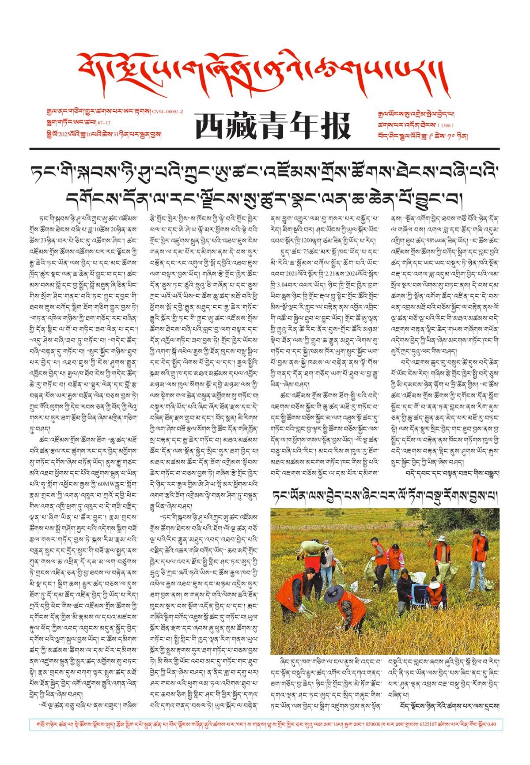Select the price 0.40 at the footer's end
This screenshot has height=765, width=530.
point(491,724)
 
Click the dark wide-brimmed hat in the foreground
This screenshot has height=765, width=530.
point(333,594)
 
